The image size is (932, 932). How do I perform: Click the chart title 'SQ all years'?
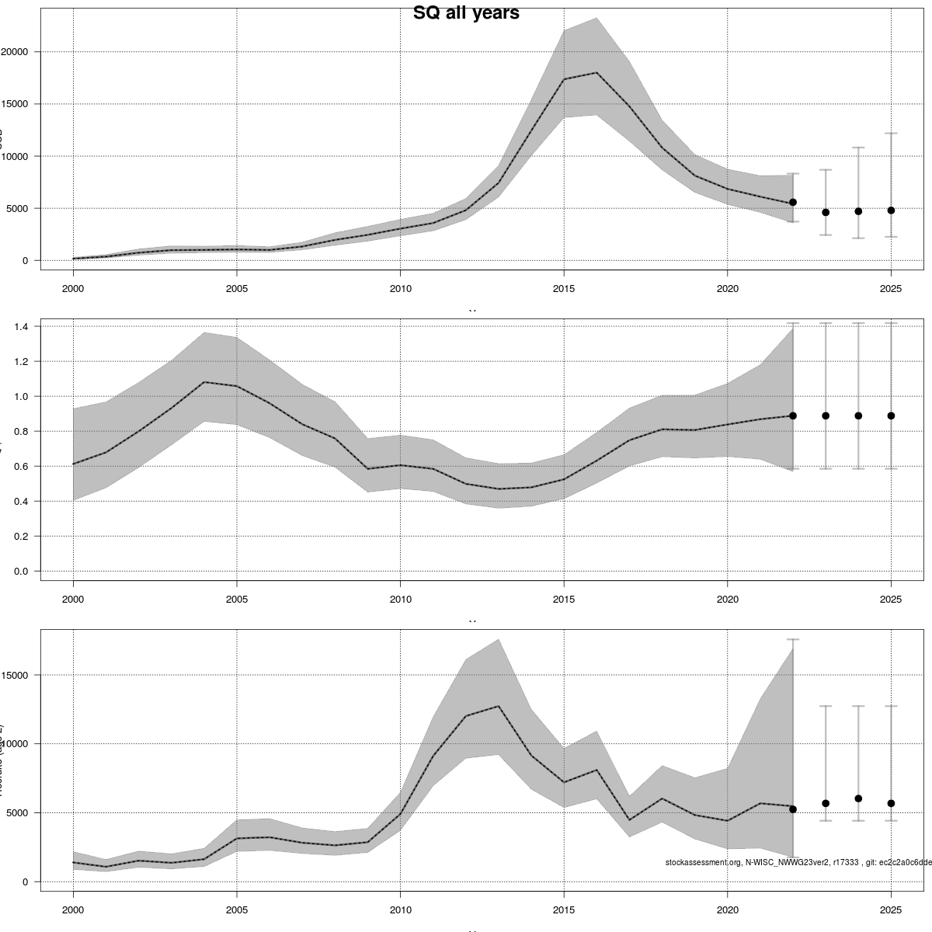pos(466,13)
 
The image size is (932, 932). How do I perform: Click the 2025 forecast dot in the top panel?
pos(891,210)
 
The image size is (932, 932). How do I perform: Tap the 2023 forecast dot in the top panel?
pos(826,212)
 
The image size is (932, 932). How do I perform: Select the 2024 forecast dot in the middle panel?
pos(858,416)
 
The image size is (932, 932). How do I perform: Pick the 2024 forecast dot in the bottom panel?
pos(858,798)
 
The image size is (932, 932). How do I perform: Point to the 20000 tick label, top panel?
pos(16,52)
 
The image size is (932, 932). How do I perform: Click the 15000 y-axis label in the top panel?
pos(16,104)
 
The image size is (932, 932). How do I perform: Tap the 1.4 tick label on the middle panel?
pos(22,327)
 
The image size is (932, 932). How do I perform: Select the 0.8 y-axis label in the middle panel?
pos(22,432)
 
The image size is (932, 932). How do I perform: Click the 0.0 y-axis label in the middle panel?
pos(22,572)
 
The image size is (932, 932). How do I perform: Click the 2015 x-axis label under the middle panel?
pos(564,600)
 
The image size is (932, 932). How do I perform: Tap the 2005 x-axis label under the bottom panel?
pos(237,910)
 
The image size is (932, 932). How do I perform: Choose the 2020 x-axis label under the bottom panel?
pos(727,910)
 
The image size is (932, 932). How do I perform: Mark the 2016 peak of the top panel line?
pos(596,72)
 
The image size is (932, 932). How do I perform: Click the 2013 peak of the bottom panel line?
pos(498,706)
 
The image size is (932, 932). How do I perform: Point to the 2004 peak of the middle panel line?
pos(203,382)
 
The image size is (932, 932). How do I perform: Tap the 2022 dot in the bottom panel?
pos(793,809)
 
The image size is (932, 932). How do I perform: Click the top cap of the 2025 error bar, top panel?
pos(891,134)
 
